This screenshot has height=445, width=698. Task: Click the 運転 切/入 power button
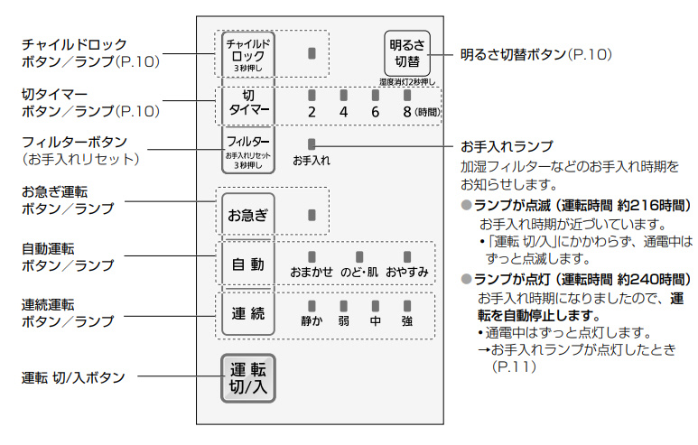point(247,377)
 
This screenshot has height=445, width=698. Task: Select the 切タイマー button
point(247,102)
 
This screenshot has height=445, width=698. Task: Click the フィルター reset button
point(247,149)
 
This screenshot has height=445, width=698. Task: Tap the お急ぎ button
point(247,216)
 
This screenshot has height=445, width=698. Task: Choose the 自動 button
point(247,264)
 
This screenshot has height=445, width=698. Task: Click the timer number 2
point(312,113)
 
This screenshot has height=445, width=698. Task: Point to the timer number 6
point(375,113)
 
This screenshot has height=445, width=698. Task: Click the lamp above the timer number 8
point(407,94)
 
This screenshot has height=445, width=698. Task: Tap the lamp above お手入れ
point(312,144)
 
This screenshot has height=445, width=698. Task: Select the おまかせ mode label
point(312,272)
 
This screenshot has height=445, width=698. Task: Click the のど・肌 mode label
point(358,272)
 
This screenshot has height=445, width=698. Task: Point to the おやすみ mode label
point(406,272)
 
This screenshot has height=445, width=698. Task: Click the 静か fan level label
point(312,320)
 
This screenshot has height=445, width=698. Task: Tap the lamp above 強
point(407,306)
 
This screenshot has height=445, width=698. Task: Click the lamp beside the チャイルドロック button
point(312,53)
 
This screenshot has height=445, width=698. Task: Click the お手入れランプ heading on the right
point(507,145)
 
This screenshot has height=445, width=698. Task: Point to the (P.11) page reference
point(514,367)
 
